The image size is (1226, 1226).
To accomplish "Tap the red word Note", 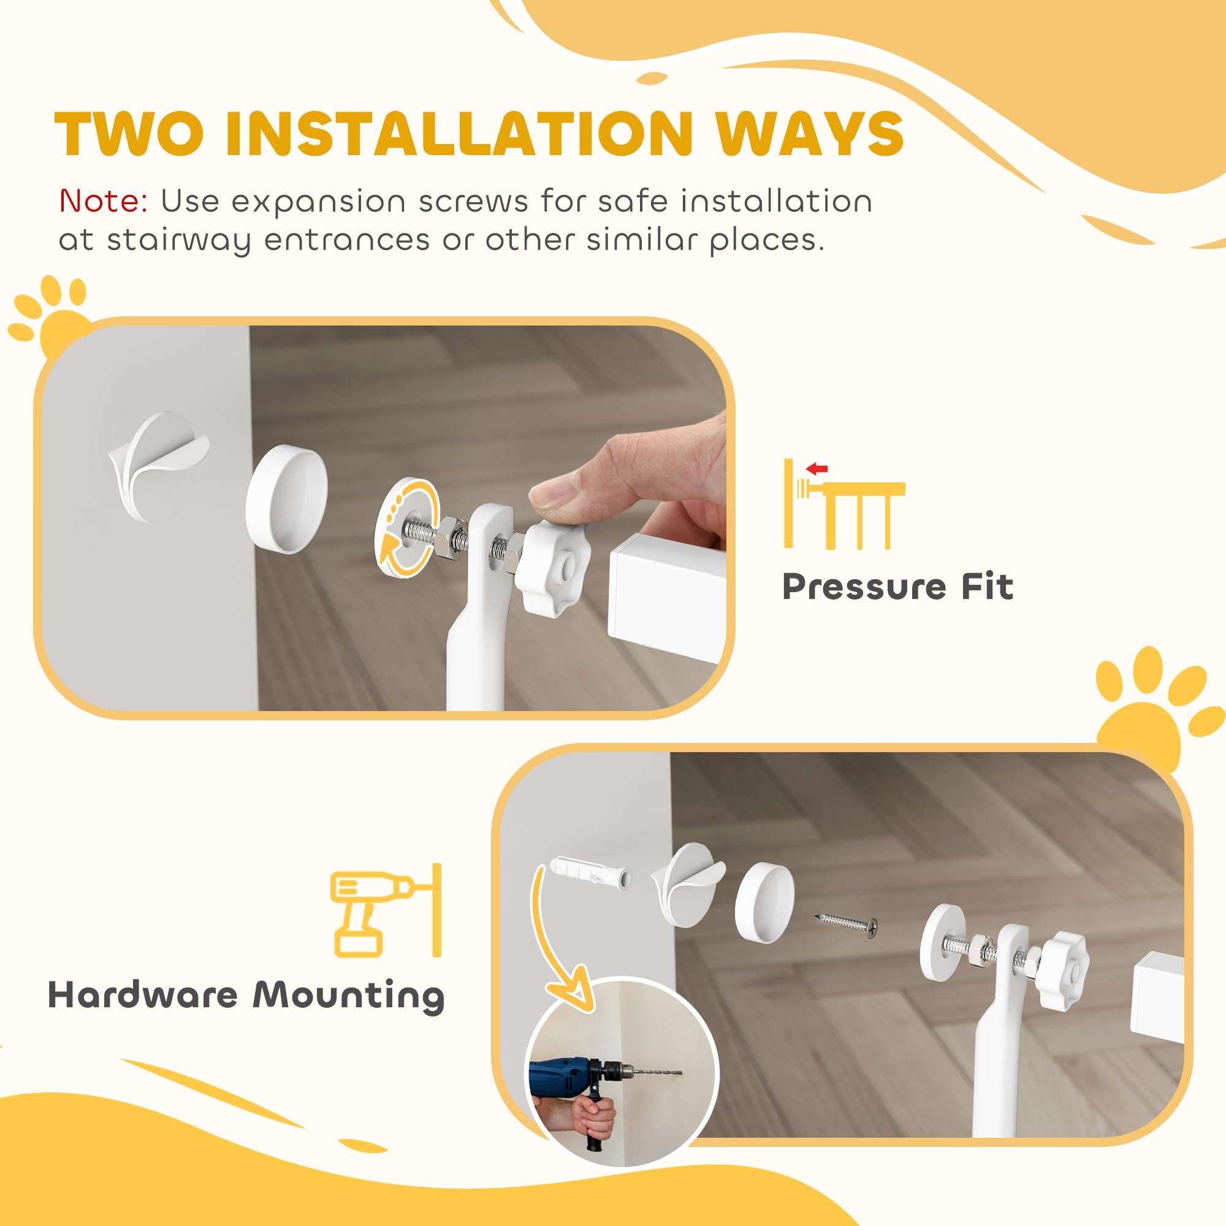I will [104, 202].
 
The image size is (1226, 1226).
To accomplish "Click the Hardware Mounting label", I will [246, 994].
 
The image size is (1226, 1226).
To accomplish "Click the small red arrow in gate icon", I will [817, 470].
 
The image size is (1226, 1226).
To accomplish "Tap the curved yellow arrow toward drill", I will [558, 952].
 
